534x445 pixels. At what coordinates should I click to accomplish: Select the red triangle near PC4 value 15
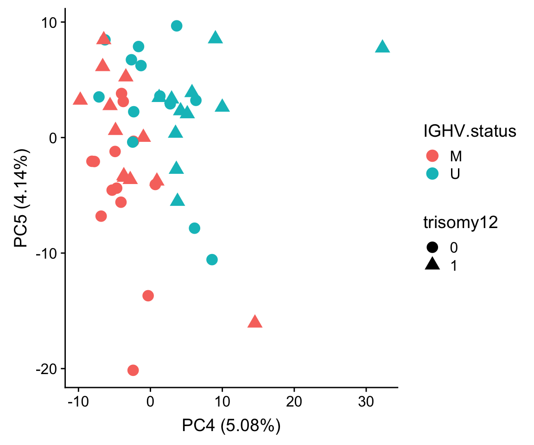255,322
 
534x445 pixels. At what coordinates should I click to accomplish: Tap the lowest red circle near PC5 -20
133,370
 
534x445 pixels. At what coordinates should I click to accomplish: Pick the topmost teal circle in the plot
177,25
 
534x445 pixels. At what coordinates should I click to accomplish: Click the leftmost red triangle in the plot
80,99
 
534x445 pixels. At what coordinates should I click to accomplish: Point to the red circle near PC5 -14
148,295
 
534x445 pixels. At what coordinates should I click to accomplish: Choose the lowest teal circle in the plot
212,259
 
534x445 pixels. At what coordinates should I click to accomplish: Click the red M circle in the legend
432,156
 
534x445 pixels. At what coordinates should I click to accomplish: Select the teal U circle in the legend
432,174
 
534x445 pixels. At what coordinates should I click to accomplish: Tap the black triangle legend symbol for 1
432,265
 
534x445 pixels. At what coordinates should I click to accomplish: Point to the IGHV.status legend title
470,132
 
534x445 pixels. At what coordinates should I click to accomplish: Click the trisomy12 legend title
461,223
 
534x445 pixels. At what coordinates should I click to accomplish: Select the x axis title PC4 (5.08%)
231,426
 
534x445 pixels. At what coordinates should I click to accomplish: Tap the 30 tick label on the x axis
366,401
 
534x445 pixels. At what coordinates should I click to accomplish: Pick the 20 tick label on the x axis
294,401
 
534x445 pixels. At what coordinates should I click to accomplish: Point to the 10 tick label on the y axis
50,22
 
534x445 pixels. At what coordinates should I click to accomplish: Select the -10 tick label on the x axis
78,401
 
